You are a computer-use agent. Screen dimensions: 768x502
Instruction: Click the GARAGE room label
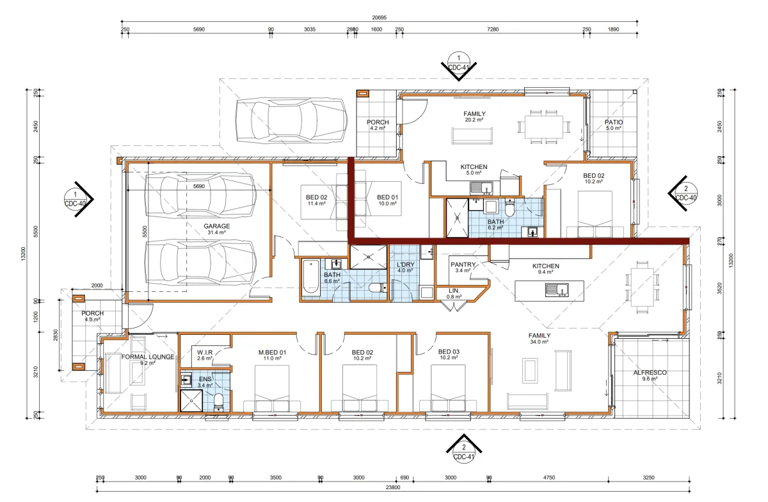tap(217, 226)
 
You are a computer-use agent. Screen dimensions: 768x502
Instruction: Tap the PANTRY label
tap(463, 264)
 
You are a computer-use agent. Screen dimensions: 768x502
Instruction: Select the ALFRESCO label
tap(650, 372)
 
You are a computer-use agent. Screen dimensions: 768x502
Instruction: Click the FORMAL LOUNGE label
tap(148, 357)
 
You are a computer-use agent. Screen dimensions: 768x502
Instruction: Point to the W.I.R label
tap(205, 352)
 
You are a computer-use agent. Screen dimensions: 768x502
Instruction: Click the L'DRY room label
tap(405, 264)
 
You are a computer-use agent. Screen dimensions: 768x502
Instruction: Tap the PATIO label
tap(614, 122)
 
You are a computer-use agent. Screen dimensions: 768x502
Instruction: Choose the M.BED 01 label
tap(272, 352)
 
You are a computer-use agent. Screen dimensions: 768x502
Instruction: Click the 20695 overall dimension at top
tap(379, 17)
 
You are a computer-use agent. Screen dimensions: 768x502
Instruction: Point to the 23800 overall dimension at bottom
tap(393, 487)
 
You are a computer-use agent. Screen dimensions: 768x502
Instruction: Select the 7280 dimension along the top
tap(493, 29)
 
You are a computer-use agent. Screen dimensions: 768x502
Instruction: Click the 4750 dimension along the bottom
tap(549, 478)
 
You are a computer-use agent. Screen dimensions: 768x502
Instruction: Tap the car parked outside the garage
tap(291, 120)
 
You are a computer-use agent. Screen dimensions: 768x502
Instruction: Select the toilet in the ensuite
tap(218, 403)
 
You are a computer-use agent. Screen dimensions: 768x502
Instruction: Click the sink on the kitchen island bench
tap(557, 290)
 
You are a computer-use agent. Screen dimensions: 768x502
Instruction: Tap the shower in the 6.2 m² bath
tap(457, 218)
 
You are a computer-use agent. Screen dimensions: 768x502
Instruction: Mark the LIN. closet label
tap(454, 291)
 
